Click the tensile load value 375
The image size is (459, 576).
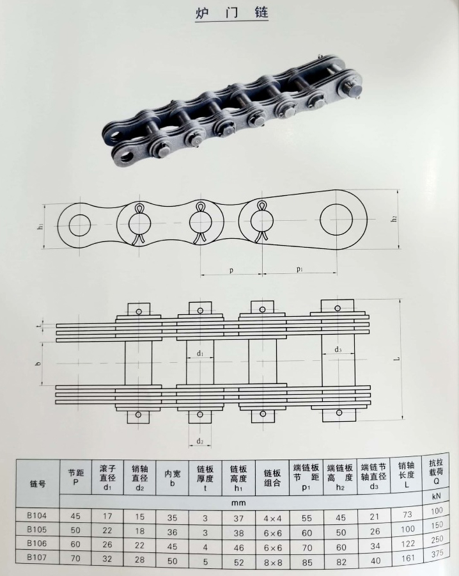[437, 554]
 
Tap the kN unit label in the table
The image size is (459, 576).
[437, 497]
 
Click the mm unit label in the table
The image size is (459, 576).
[238, 503]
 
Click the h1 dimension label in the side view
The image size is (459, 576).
[40, 227]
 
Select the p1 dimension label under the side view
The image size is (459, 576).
[299, 270]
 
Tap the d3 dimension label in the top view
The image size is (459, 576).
[338, 349]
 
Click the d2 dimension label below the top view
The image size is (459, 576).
[200, 441]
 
